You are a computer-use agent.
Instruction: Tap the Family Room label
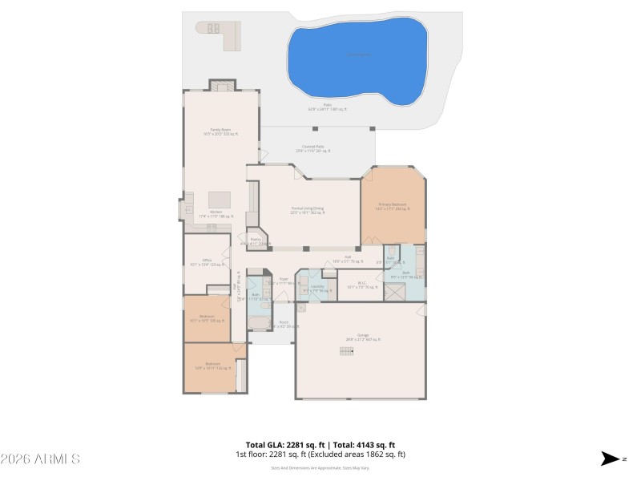tap(220, 131)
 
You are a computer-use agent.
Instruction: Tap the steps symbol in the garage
tap(346, 350)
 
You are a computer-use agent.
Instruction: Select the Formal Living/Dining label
tap(308, 210)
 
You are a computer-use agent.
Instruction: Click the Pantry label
tap(256, 240)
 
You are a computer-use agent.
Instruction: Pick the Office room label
tap(207, 261)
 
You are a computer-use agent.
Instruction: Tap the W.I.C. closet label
tap(361, 283)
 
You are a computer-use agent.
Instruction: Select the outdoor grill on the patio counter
tap(214, 28)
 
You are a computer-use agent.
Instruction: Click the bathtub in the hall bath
tap(259, 323)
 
